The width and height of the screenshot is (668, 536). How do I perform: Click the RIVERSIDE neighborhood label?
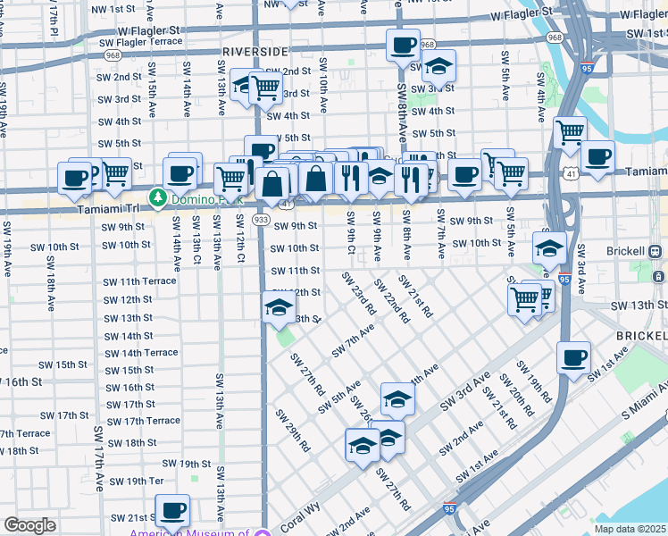[x=255, y=52]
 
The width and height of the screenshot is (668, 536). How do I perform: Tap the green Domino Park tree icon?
[x=158, y=196]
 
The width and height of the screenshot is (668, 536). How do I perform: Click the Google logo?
[x=29, y=525]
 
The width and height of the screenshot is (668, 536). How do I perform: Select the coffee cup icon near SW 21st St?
[x=172, y=510]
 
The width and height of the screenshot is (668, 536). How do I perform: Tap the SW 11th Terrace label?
[x=139, y=281]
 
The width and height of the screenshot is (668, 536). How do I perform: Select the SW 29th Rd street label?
[x=292, y=431]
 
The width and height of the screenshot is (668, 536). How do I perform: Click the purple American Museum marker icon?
[x=262, y=534]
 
